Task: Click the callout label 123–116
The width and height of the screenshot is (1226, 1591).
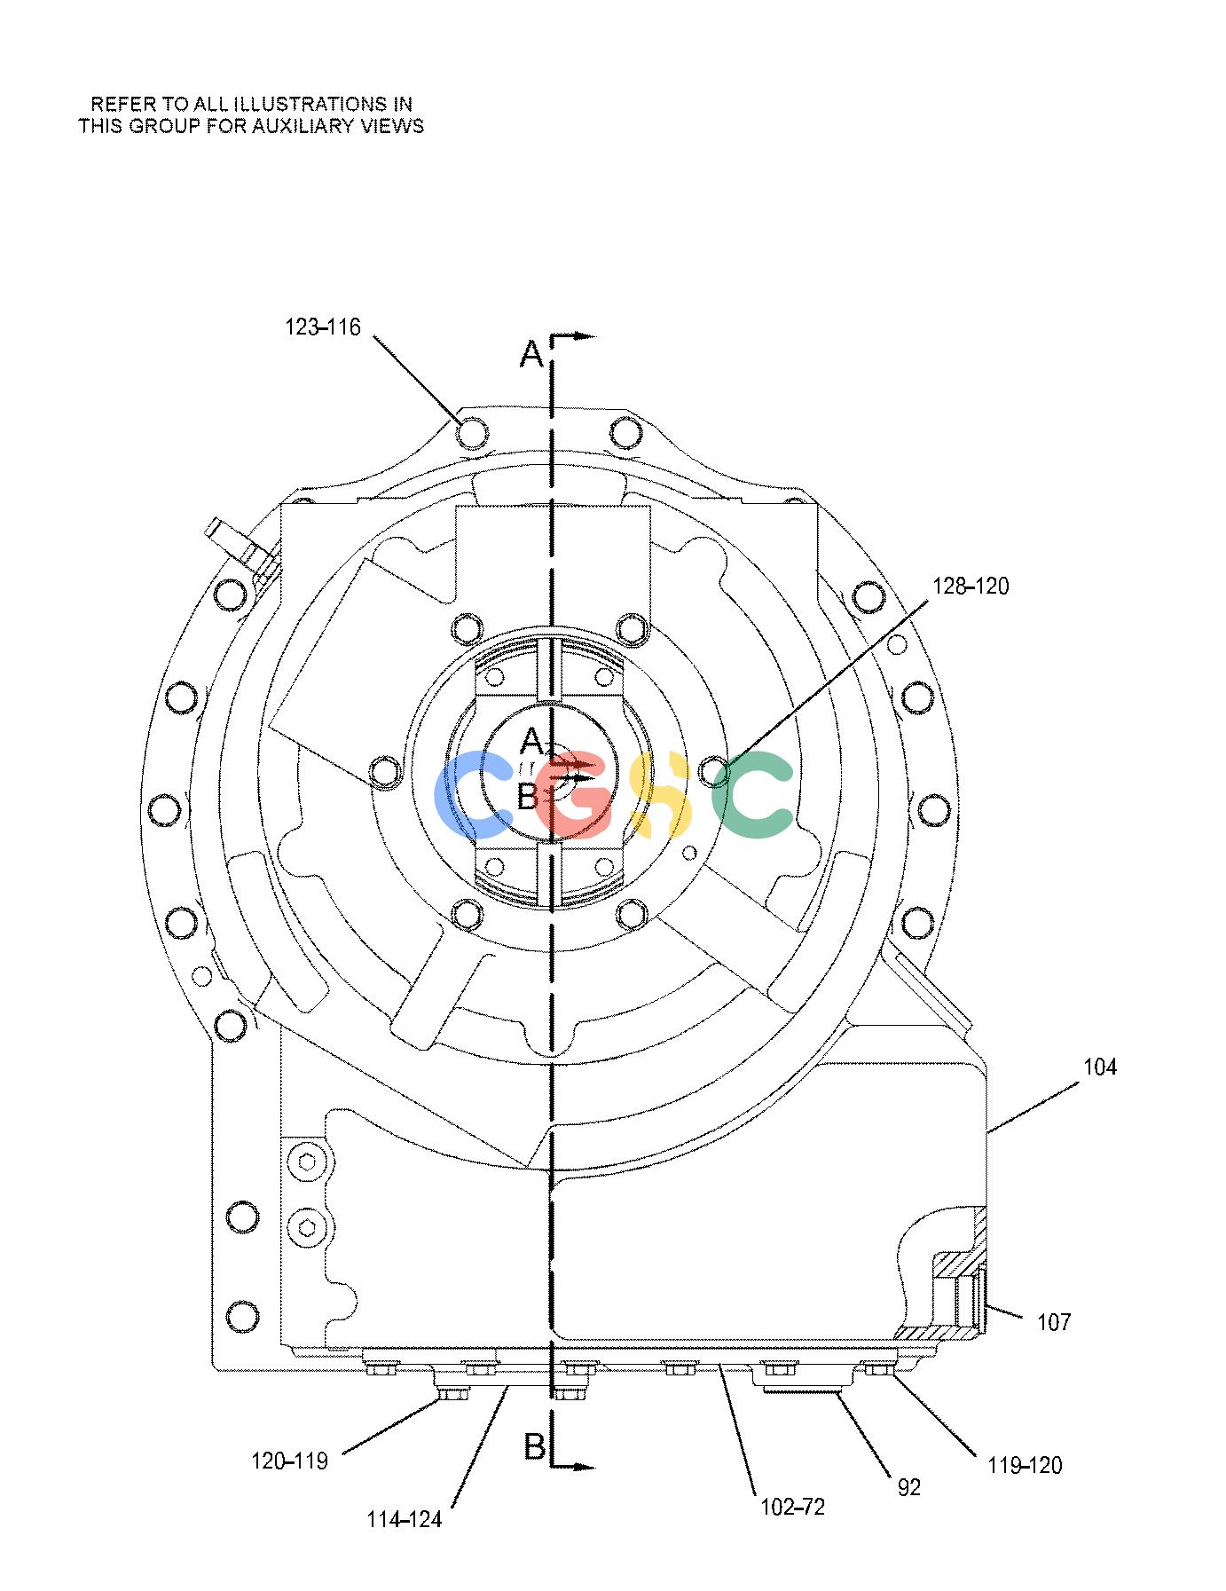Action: coord(323,327)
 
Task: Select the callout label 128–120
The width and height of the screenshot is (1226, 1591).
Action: coord(971,587)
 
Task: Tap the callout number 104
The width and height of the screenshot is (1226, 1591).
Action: coord(1100,1067)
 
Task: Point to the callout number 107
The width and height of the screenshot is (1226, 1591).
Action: coord(1054,1323)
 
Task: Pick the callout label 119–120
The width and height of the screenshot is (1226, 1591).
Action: coord(1025,1465)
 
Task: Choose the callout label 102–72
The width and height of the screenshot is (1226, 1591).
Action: coord(792,1507)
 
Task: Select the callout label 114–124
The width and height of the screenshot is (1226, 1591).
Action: coord(405,1520)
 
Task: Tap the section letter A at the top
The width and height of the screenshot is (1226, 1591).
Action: coord(530,355)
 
